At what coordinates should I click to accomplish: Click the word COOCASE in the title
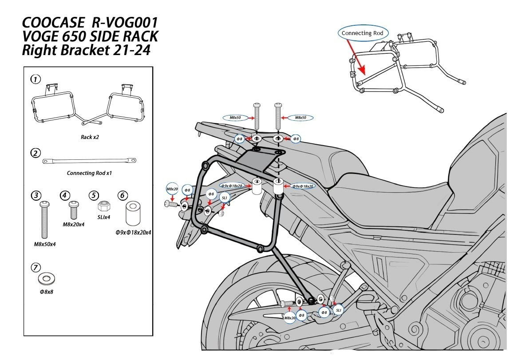point(53,23)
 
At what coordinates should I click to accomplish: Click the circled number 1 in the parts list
point(36,79)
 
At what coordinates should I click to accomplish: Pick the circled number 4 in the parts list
point(65,195)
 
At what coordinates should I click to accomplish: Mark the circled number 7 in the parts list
point(36,267)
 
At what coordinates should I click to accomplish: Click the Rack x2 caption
point(90,137)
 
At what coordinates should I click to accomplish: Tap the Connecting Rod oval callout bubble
point(362,33)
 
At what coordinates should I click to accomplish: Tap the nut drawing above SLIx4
point(104,206)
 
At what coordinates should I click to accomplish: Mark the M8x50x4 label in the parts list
point(45,244)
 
